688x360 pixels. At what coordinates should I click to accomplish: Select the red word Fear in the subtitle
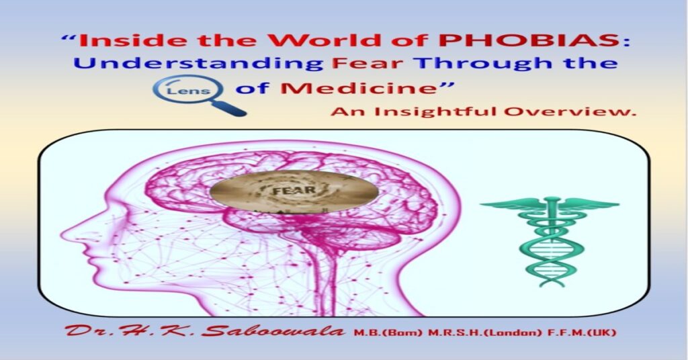coord(358,64)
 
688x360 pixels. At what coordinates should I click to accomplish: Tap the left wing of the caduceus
coord(511,206)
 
